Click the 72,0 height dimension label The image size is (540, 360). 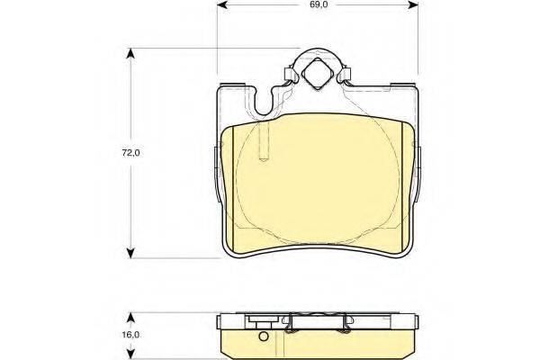130,153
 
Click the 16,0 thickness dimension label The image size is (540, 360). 130,335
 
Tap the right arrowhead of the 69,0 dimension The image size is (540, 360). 412,4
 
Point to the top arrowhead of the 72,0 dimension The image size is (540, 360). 130,54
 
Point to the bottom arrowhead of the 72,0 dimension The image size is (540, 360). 130,253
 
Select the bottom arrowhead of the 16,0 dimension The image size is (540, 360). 130,354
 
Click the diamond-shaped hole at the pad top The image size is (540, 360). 316,74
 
